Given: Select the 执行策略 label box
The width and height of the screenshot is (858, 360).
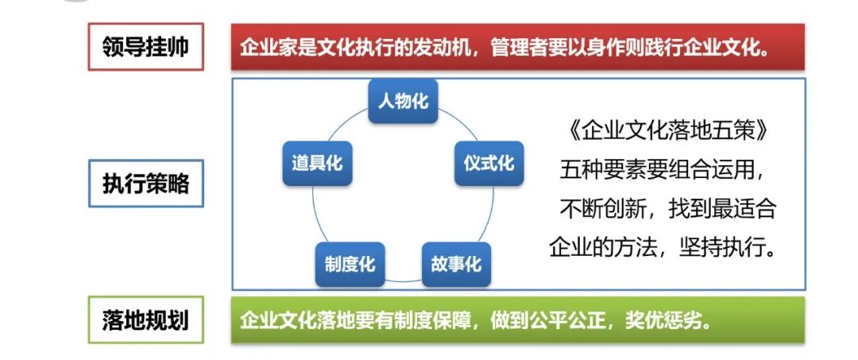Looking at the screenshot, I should click(x=145, y=184).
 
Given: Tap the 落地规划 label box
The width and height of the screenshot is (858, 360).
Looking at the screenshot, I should click(x=145, y=320).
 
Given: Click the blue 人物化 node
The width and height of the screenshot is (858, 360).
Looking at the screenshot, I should click(x=404, y=101).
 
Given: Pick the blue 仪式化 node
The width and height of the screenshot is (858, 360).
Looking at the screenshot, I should click(x=489, y=164).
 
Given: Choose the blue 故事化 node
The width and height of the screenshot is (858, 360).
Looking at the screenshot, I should click(x=456, y=264).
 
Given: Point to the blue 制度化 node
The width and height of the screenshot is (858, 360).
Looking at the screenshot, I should click(x=350, y=264).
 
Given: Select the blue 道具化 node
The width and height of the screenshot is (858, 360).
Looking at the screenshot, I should click(x=317, y=164).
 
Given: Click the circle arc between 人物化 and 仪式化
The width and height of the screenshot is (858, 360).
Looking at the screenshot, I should click(x=454, y=122).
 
